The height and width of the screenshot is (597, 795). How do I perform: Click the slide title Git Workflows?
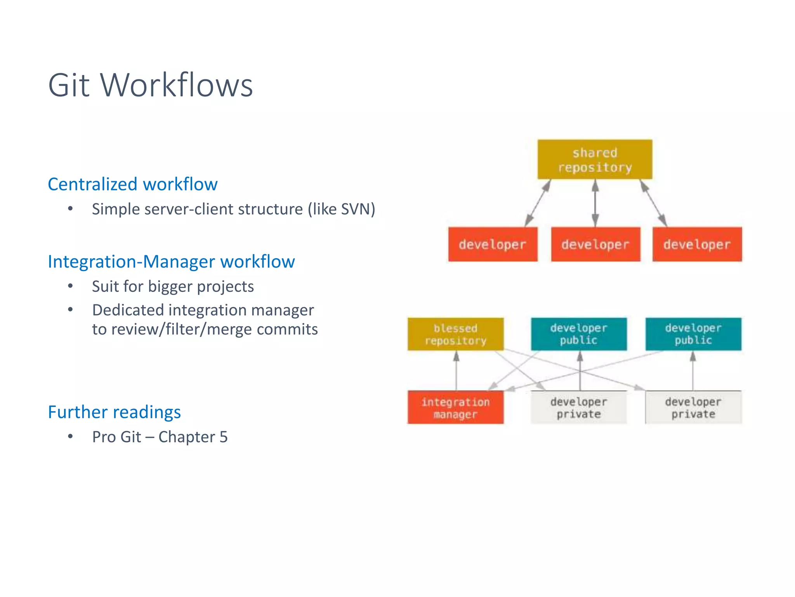(150, 85)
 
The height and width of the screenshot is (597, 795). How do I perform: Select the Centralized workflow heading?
(132, 184)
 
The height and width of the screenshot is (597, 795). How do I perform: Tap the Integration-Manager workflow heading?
(171, 262)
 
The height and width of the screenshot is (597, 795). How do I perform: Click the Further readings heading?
(114, 412)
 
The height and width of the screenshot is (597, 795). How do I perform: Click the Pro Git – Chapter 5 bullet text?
(160, 437)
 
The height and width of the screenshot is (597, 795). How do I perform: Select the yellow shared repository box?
(594, 160)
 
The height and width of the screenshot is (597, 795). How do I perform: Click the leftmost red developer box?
(493, 244)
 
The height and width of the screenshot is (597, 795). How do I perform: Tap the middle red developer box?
(595, 244)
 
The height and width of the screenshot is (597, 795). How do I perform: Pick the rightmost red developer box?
(697, 244)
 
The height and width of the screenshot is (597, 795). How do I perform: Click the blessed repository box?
(455, 334)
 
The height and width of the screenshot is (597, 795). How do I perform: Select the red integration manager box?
(455, 408)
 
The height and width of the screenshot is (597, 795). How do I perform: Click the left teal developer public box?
(578, 334)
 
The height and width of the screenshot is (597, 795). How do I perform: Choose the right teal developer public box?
(693, 334)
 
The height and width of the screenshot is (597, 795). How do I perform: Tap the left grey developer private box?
(578, 408)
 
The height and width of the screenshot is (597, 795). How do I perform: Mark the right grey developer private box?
(693, 408)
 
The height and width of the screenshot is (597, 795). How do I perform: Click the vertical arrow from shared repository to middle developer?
(595, 203)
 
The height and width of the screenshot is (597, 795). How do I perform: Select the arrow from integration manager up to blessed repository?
(457, 371)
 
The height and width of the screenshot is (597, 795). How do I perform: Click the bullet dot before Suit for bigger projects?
(70, 286)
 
